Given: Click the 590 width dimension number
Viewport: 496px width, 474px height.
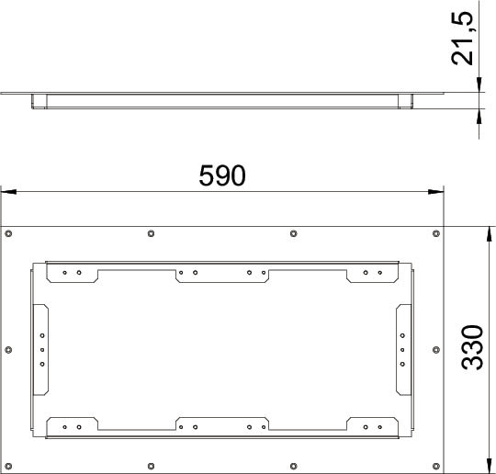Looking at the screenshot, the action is [222, 175].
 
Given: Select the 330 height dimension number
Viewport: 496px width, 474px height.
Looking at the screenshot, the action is [472, 347].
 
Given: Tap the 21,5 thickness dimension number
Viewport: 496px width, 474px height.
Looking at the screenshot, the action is [462, 39].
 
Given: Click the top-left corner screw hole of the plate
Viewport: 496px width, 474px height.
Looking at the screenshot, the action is [8, 234].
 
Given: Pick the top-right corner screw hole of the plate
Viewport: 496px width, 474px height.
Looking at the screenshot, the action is [436, 234].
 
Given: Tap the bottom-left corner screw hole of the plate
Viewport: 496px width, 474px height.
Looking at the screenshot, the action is [8, 466].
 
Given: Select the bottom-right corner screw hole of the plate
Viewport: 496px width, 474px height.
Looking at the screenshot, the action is [436, 466].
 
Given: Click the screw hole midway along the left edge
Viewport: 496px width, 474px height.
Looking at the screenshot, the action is [8, 350].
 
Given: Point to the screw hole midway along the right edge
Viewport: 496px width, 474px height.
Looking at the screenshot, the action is [436, 350].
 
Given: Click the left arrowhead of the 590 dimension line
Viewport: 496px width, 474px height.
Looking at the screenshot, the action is [8, 192].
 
